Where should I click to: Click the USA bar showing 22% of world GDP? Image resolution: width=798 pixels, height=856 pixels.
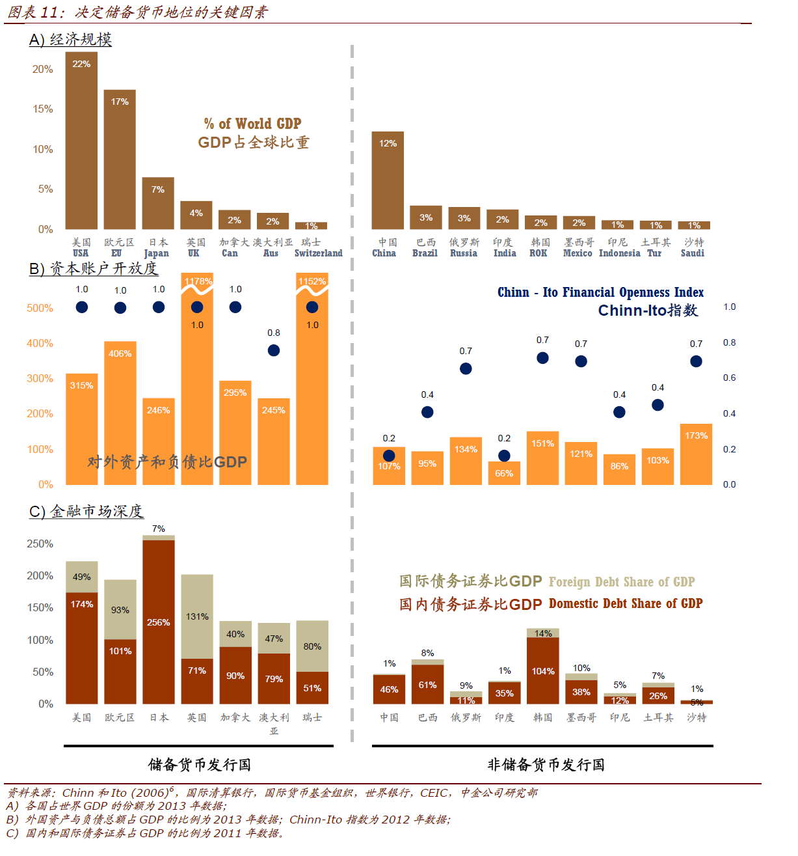click(x=81, y=140)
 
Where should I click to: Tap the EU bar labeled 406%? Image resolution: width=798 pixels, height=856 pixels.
click(x=120, y=413)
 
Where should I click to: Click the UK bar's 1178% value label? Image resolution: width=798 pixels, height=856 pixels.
click(x=198, y=281)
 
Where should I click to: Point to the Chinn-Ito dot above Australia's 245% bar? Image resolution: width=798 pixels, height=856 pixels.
click(x=274, y=350)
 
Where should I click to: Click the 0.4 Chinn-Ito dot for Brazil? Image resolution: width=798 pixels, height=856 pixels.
click(x=427, y=412)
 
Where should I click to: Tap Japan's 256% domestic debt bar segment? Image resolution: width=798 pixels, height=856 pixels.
click(x=159, y=622)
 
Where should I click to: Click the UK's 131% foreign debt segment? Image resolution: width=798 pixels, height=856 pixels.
click(x=197, y=616)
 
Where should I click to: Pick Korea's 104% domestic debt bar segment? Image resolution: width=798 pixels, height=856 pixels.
click(x=543, y=670)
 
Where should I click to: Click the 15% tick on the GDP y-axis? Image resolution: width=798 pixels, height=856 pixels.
click(x=43, y=109)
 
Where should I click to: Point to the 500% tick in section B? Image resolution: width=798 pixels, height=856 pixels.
click(x=40, y=308)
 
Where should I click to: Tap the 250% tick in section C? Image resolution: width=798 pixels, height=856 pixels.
click(x=40, y=544)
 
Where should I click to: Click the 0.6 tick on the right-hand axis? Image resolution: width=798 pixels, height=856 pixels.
click(x=730, y=378)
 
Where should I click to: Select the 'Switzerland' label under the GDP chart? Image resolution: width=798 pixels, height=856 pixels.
click(x=318, y=253)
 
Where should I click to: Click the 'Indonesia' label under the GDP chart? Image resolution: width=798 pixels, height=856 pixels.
click(x=619, y=253)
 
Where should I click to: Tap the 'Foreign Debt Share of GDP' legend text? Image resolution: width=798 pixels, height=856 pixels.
click(x=622, y=582)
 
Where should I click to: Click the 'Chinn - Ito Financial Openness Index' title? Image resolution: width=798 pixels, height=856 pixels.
click(x=600, y=292)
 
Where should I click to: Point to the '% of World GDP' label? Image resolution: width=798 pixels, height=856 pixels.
click(x=252, y=124)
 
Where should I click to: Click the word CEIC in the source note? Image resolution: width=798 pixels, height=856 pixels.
click(x=434, y=793)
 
